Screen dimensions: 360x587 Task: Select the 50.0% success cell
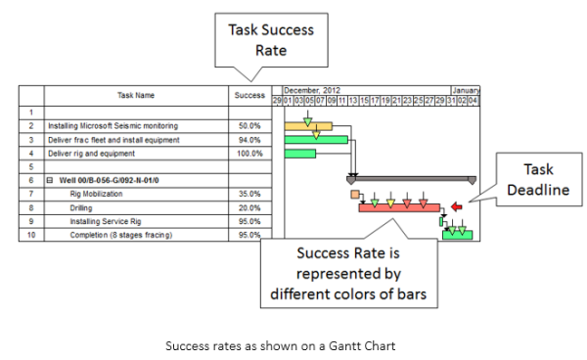tap(249, 126)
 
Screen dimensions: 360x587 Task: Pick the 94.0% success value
tap(249, 140)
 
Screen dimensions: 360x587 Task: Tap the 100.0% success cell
tap(249, 154)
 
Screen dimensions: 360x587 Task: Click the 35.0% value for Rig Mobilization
tap(249, 194)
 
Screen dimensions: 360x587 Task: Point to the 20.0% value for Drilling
tap(249, 207)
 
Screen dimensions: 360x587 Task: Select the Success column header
tap(249, 95)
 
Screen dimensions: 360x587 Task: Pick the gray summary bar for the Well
tap(412, 179)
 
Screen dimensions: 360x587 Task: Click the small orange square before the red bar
tap(354, 195)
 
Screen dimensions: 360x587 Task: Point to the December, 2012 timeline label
tap(305, 89)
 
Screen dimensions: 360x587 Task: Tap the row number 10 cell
tap(31, 235)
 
